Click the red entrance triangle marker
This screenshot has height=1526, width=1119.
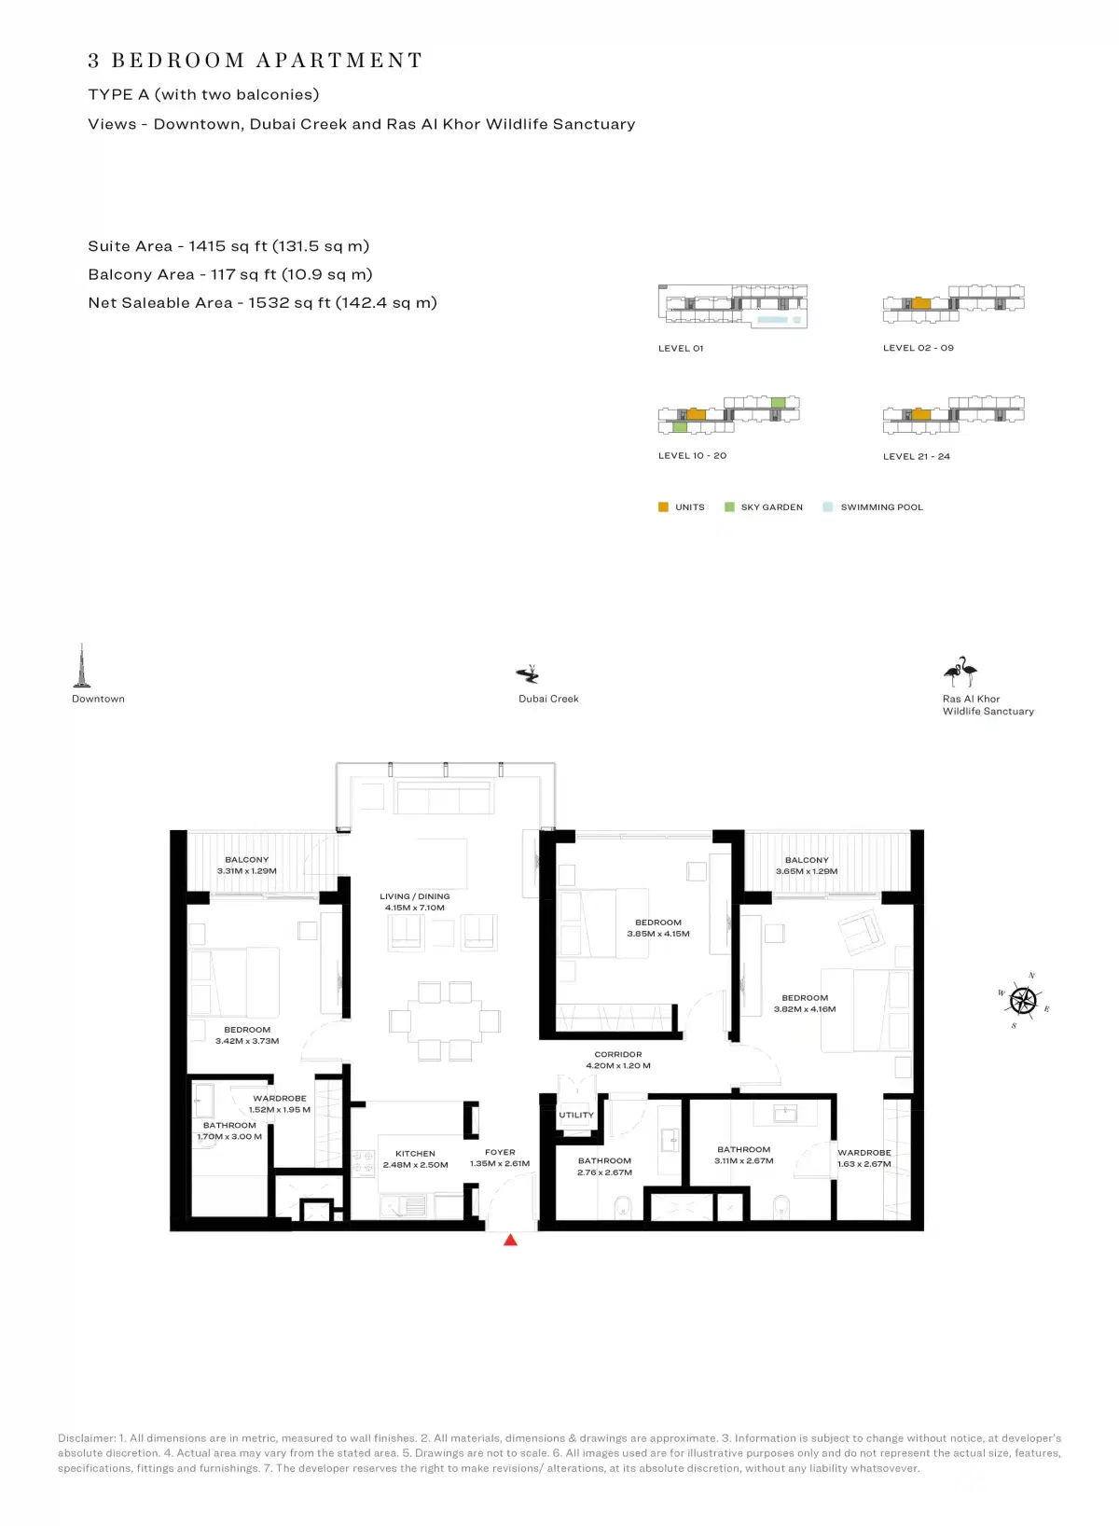point(510,1240)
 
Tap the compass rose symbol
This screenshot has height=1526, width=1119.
point(1023,1001)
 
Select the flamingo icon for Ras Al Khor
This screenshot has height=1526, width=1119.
point(960,672)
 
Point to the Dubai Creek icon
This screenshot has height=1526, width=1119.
point(529,673)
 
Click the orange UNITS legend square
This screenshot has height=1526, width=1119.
point(663,507)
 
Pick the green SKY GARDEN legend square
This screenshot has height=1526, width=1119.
point(729,507)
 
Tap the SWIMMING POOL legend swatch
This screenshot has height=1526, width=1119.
point(828,507)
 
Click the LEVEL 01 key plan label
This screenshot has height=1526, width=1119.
point(681,348)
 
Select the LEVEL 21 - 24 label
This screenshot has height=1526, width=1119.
point(916,456)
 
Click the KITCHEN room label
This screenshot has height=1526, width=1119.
point(415,1154)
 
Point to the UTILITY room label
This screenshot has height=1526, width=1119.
point(576,1115)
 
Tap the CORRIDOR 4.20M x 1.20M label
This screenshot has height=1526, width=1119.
point(618,1060)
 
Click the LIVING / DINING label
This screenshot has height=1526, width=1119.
point(415,896)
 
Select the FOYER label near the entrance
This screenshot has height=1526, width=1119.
point(500,1152)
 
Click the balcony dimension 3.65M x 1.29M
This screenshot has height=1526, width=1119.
point(807,871)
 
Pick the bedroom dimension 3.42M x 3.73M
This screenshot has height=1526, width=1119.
point(247,1041)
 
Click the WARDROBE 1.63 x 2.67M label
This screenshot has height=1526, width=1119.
point(863,1158)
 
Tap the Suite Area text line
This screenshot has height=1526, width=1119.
point(228,246)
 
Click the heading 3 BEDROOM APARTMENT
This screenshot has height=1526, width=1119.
point(256,61)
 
